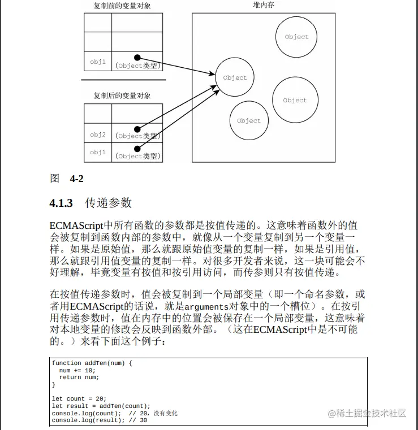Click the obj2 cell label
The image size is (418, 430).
pyautogui.click(x=98, y=134)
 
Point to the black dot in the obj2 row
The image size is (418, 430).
pyautogui.click(x=137, y=129)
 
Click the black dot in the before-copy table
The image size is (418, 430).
pyautogui.click(x=137, y=57)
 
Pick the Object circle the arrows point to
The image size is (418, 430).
pyautogui.click(x=235, y=77)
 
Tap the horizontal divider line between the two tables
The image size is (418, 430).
pyautogui.click(x=123, y=80)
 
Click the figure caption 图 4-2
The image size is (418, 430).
pyautogui.click(x=67, y=179)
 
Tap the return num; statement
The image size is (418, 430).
pyautogui.click(x=79, y=377)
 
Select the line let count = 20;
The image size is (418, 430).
pyautogui.click(x=79, y=399)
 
